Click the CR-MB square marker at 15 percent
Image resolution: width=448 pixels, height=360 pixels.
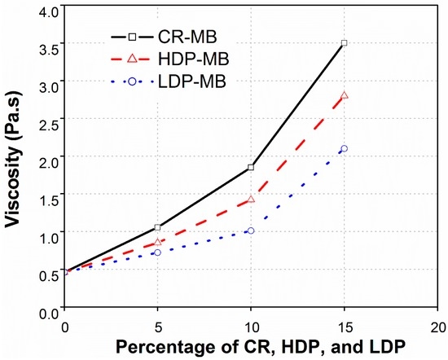(x=345, y=43)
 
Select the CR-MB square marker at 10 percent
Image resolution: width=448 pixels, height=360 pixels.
(x=251, y=167)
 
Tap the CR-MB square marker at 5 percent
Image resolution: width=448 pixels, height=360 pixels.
(x=157, y=227)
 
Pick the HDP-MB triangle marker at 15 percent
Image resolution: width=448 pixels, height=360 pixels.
(x=345, y=95)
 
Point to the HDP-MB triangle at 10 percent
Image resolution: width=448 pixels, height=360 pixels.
(x=251, y=200)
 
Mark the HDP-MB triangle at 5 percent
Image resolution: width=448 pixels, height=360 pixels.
(x=157, y=242)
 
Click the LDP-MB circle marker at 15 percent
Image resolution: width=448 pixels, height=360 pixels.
(x=345, y=148)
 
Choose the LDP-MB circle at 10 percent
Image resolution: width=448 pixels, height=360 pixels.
(x=251, y=230)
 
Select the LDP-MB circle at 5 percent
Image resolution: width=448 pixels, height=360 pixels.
(x=157, y=252)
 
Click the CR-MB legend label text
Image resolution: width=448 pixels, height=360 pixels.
(x=187, y=37)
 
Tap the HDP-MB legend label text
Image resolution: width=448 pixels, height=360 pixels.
(x=194, y=59)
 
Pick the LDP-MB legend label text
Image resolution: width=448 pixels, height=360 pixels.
(x=192, y=81)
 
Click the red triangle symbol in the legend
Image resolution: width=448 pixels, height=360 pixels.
(x=132, y=59)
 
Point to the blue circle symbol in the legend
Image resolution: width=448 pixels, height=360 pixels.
(x=132, y=81)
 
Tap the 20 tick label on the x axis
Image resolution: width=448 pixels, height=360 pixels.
(x=438, y=327)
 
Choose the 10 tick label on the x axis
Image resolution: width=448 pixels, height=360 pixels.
(x=251, y=327)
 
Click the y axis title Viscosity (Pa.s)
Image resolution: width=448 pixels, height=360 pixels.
(x=13, y=159)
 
